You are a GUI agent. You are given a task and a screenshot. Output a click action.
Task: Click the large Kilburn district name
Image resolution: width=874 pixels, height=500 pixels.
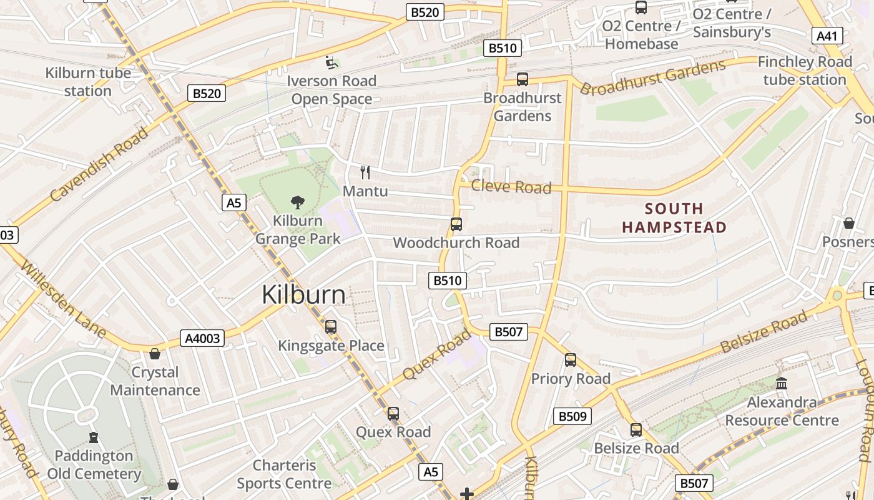click(x=303, y=294)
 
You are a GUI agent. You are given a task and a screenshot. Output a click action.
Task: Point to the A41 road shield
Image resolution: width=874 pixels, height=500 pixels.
click(x=827, y=36)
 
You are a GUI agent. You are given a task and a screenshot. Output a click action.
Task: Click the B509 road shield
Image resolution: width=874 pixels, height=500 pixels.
click(x=572, y=416)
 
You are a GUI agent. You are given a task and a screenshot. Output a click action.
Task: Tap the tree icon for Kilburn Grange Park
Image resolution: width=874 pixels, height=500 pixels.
click(x=298, y=202)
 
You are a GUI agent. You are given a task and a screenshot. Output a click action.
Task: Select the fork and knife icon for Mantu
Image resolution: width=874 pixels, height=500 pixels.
click(x=365, y=172)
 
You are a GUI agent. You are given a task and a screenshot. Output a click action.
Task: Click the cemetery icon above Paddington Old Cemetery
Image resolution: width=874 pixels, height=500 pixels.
click(x=94, y=437)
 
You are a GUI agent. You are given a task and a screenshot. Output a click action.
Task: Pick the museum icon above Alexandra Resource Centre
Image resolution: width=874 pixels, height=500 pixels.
click(x=781, y=383)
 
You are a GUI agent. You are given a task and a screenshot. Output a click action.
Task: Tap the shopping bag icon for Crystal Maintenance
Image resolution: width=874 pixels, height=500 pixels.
click(x=155, y=354)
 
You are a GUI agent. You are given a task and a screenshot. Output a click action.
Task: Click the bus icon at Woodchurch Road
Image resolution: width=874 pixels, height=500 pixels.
click(x=456, y=224)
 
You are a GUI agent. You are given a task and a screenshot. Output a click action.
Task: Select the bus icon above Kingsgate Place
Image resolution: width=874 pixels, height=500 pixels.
click(x=331, y=326)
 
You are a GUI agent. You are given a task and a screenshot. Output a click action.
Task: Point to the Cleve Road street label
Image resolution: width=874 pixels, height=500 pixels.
click(x=511, y=187)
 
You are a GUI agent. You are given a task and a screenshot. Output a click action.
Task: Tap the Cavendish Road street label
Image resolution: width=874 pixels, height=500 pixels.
click(x=100, y=164)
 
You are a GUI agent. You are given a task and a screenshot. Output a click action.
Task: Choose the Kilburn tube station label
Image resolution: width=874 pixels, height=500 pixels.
click(x=88, y=82)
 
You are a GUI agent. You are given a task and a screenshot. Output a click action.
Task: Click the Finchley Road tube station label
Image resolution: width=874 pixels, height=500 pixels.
click(x=804, y=71)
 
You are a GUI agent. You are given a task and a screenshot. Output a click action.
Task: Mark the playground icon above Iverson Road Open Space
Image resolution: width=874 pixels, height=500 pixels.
click(x=331, y=62)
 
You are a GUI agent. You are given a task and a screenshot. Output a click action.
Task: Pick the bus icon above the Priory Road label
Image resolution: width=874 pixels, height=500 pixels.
click(x=571, y=359)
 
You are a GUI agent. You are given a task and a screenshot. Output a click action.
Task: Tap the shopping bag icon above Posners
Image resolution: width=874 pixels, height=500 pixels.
click(x=849, y=223)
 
